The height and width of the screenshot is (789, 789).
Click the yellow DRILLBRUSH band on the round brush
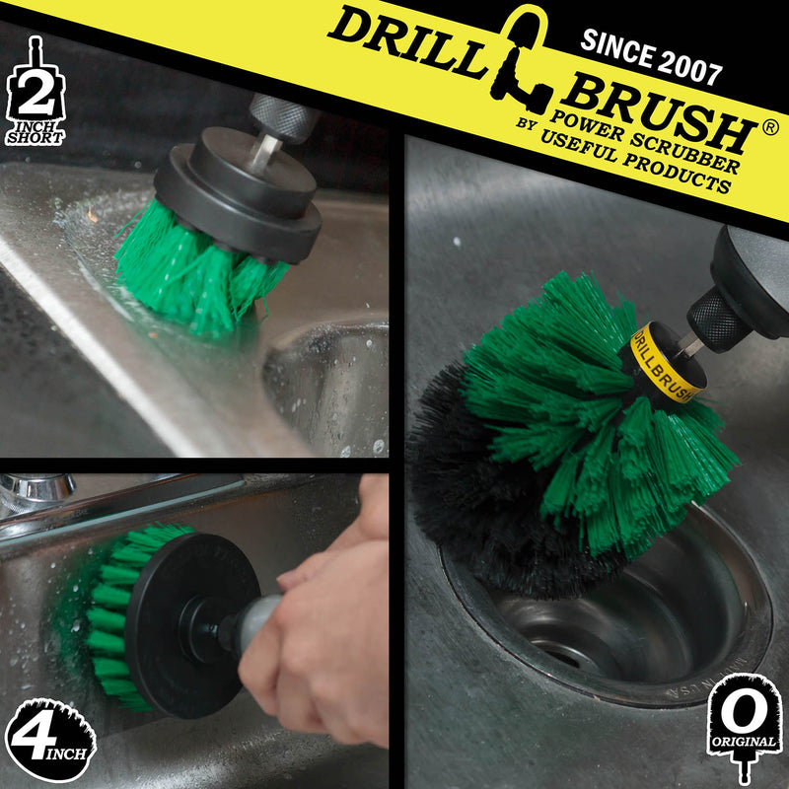(x=666, y=360)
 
